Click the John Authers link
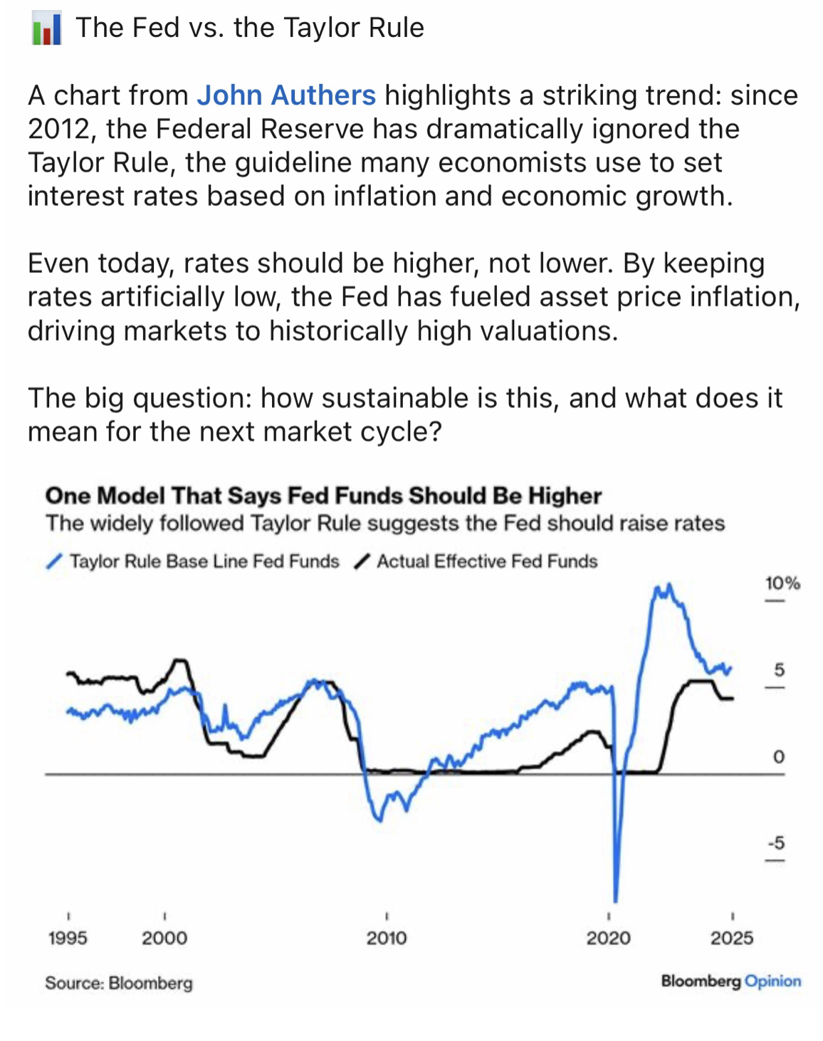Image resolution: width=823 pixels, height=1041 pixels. coord(285,95)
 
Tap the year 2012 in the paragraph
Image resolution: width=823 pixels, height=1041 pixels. coord(61,129)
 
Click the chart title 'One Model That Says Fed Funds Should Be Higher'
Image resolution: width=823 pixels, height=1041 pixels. coord(323,496)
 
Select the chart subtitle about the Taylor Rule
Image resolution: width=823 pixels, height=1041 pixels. coord(385,523)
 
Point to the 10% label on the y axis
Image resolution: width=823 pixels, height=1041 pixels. coord(782,584)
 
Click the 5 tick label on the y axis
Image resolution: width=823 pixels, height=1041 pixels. coord(779,670)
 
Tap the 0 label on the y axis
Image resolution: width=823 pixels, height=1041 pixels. coord(779,756)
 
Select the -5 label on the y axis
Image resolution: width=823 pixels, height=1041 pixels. coord(776,843)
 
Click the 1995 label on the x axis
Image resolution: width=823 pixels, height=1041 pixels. coord(68,938)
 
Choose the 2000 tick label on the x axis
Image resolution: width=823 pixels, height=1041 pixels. coord(164,938)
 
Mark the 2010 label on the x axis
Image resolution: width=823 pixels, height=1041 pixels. coord(387,938)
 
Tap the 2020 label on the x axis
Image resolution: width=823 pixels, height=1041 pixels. coord(608,938)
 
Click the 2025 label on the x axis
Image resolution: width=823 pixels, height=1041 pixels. coord(732,938)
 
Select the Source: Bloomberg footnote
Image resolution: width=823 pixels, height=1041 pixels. coord(119,983)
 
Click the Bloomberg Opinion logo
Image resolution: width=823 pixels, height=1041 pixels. coord(731,981)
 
